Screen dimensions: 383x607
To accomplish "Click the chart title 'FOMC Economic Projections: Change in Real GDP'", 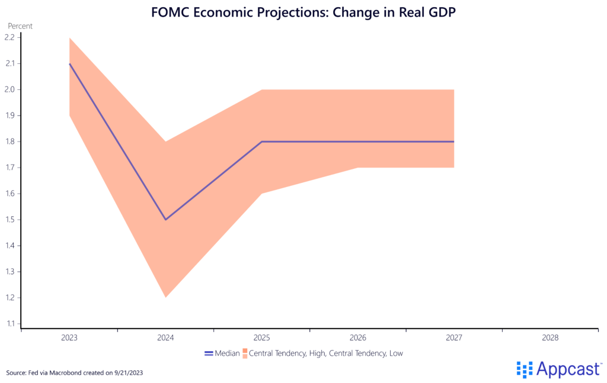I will coord(302,11).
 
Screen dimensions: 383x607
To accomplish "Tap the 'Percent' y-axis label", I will coord(20,26).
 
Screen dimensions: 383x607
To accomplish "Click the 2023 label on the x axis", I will coord(69,338).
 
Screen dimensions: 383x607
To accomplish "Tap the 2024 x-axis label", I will coord(165,338).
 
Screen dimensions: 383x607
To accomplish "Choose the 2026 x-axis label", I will coord(358,338).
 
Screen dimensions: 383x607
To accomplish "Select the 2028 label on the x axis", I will coord(550,338).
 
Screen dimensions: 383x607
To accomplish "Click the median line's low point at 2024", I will coord(165,220).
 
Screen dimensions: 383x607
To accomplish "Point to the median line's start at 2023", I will coord(70,63).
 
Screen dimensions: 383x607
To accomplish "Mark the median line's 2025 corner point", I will coord(261,141).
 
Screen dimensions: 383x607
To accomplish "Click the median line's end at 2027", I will coord(453,141).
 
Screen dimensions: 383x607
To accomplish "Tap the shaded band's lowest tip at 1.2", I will coord(165,296).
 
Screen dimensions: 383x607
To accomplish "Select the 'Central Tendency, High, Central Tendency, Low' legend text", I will coord(326,353).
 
